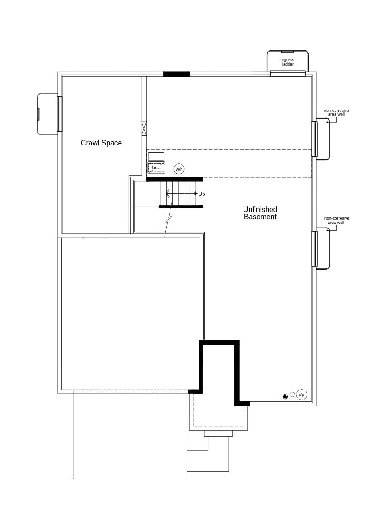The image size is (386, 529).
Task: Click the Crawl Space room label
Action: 101,143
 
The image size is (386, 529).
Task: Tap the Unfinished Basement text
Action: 260,213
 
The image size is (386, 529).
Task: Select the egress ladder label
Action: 288,62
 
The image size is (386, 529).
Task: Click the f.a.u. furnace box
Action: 156,167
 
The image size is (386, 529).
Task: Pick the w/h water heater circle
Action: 179,169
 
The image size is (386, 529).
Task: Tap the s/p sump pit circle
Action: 301,395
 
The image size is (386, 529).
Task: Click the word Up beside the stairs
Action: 202,195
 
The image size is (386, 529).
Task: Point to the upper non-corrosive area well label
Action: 336,112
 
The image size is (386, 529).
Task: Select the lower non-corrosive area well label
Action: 336,221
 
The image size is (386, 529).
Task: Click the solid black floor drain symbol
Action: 285,396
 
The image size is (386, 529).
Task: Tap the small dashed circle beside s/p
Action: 292,395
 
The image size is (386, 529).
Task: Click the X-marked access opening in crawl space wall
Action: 144,128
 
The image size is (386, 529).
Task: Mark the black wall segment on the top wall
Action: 176,74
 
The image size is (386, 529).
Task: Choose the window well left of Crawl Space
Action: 47,114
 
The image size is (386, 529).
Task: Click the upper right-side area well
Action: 323,139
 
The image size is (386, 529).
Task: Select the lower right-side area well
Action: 323,248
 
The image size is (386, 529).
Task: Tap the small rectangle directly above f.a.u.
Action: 156,156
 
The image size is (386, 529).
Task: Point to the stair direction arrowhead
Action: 167,194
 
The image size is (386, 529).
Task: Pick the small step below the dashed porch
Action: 218,434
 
